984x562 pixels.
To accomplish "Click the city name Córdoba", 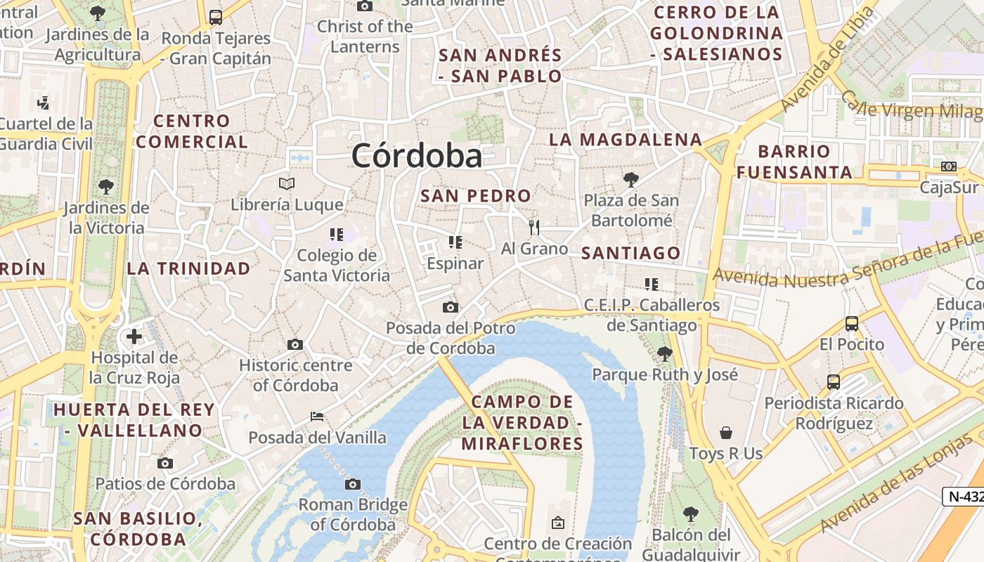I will [417, 155].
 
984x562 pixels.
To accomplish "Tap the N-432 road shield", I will [965, 496].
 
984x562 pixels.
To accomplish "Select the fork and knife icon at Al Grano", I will [534, 227].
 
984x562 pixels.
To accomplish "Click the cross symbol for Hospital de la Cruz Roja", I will [134, 336].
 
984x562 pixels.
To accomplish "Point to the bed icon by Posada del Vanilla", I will [317, 417].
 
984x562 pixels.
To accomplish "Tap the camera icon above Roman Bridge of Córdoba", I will [353, 484].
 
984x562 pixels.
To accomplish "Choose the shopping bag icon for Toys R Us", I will [726, 433].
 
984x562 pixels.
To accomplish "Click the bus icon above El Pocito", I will [852, 324].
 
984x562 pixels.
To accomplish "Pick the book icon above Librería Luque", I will [286, 184].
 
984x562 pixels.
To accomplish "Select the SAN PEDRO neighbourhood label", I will [476, 196].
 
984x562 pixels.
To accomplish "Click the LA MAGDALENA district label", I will [626, 140].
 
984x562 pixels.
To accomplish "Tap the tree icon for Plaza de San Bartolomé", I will [631, 180].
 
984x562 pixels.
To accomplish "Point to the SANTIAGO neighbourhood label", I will [631, 254].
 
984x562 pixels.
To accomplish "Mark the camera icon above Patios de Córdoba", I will [165, 463].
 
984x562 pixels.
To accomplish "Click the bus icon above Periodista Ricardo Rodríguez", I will [834, 382].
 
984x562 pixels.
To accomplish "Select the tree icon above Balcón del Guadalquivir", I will [691, 514].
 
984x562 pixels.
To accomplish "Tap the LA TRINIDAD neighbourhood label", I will [188, 268].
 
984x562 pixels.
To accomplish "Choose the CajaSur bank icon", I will [949, 166].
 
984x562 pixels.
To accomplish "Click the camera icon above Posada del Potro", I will [451, 307].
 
